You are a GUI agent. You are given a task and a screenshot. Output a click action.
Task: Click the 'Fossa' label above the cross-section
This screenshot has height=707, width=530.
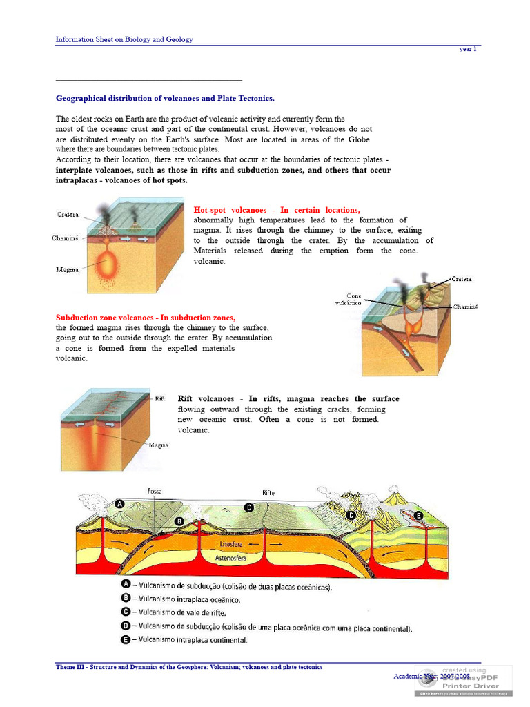[155, 491]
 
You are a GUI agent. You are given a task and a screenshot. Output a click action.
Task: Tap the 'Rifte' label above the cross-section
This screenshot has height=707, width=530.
[268, 492]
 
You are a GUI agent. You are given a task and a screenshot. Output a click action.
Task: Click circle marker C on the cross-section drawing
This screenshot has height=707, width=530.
[249, 507]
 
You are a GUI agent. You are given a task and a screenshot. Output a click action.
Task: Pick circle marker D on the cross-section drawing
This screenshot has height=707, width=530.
[351, 515]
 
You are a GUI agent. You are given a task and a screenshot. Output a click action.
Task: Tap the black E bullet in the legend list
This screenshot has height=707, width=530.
[126, 640]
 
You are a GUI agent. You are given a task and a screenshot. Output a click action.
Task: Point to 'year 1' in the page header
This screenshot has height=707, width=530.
[468, 49]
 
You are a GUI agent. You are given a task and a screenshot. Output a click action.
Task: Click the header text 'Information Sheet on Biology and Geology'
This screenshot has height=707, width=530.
[124, 39]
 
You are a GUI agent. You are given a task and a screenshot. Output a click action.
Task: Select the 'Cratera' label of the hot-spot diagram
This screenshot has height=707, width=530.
[68, 215]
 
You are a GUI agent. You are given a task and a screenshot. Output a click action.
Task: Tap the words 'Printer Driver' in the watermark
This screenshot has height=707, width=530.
[473, 686]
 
